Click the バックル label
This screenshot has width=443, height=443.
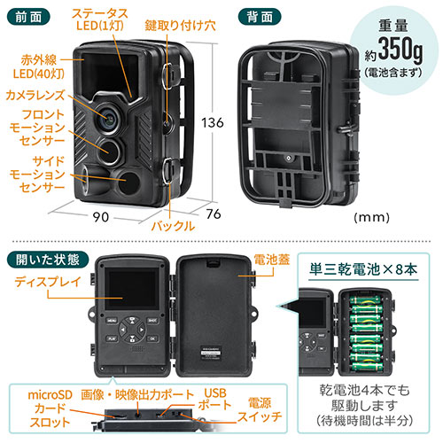click(x=167, y=227)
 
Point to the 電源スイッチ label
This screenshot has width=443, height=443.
click(x=258, y=407)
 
